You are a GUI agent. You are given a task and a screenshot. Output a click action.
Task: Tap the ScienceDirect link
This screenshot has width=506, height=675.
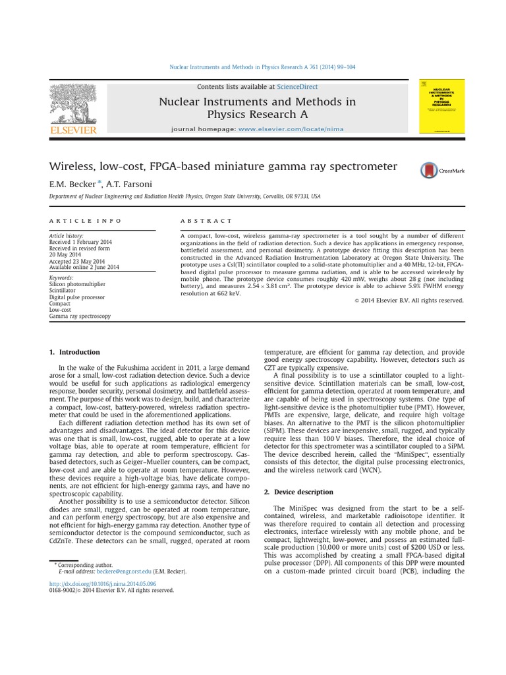(296, 87)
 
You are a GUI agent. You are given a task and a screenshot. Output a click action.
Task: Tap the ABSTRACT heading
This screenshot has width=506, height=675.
(206, 221)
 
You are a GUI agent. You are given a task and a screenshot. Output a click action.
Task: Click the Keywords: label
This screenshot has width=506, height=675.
(62, 278)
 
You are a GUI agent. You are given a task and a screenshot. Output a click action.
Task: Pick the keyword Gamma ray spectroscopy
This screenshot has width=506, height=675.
(80, 316)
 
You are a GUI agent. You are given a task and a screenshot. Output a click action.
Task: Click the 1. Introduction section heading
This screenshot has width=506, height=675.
(75, 352)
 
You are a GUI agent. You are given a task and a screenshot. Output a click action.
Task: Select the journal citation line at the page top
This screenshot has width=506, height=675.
(262, 67)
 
